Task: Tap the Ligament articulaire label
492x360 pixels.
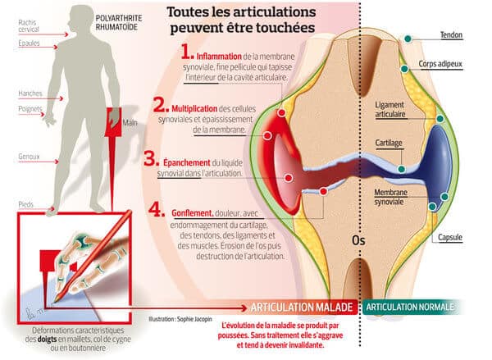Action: tap(390, 111)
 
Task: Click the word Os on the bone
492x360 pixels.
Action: tap(358, 241)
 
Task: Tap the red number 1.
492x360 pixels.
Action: tap(187, 52)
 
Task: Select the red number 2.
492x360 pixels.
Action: tap(160, 105)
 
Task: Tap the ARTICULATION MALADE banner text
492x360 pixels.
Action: tap(302, 308)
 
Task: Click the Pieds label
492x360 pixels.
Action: tap(11, 203)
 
